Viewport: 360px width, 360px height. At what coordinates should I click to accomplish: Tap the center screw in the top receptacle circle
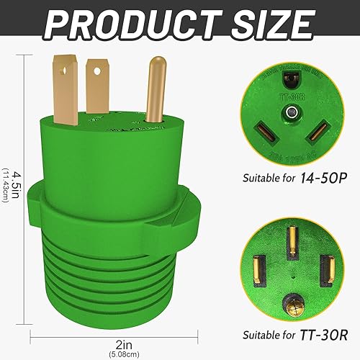291,112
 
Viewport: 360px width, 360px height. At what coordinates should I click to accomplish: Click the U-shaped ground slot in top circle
291,81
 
